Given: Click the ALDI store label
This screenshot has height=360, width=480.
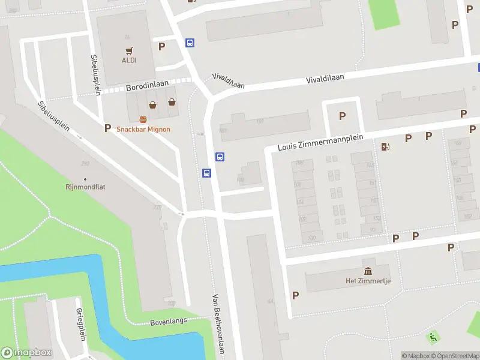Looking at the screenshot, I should tap(130, 60).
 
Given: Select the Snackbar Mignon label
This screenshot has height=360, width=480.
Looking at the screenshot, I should tap(143, 129).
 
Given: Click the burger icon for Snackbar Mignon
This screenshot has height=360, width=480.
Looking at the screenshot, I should tap(143, 119).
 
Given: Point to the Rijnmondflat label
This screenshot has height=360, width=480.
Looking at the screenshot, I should tap(85, 187).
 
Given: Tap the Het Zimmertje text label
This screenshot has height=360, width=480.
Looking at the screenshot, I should tap(368, 281).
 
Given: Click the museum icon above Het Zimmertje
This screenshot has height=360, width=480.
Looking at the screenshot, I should tap(368, 271).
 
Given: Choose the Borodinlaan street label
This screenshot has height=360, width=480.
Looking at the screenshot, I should tap(148, 86).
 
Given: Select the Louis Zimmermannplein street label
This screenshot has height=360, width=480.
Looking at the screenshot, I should tap(321, 142).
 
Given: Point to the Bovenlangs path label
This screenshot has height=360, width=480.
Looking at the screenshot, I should tap(169, 321).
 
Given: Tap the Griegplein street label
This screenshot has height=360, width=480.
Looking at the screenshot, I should tap(80, 324).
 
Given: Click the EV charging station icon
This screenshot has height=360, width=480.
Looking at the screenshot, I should tap(385, 146).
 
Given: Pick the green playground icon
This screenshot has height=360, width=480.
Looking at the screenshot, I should tap(433, 338).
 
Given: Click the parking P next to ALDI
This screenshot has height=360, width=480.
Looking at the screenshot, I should tap(161, 46).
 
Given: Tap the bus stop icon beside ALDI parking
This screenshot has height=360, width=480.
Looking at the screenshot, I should tap(190, 43).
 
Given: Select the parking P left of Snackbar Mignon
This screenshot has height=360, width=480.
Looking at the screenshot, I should tap(108, 128).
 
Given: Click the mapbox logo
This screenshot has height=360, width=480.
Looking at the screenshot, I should tap(26, 352).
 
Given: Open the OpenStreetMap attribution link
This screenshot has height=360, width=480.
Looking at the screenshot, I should tap(453, 356).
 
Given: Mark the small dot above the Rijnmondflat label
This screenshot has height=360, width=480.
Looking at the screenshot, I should tap(85, 179).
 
